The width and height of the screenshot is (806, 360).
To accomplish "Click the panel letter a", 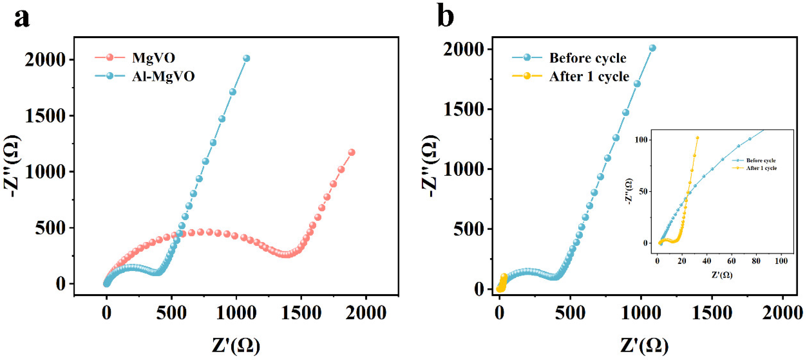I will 22,18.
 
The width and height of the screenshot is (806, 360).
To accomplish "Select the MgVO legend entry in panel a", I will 153,58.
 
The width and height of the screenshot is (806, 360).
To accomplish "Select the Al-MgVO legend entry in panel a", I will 163,76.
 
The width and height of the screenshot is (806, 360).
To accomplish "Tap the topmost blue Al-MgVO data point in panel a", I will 247,58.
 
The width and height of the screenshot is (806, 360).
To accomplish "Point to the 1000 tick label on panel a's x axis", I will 236,313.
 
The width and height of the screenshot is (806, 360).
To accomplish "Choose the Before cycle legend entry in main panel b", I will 588,58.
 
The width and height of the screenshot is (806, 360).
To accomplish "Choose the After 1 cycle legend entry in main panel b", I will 589,77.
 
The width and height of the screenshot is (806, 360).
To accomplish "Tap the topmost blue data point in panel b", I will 652,48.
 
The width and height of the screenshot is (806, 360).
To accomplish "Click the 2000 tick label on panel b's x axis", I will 782,313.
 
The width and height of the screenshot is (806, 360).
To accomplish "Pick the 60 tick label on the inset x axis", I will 731,261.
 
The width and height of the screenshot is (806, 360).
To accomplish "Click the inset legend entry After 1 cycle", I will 761,168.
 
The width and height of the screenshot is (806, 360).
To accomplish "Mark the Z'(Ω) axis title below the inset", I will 722,275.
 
